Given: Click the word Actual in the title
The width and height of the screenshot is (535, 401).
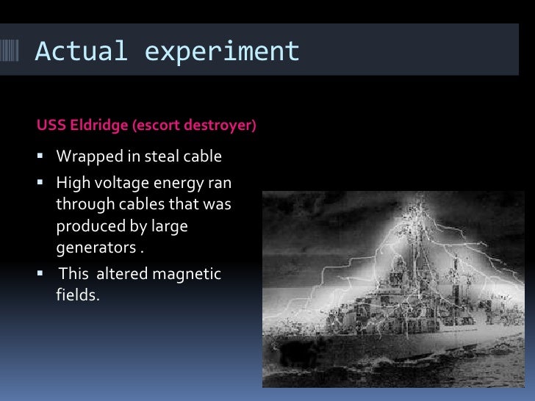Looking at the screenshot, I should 81,51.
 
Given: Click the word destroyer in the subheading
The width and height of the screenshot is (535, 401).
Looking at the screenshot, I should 222,126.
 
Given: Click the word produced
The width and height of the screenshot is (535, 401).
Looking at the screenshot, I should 87,226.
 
